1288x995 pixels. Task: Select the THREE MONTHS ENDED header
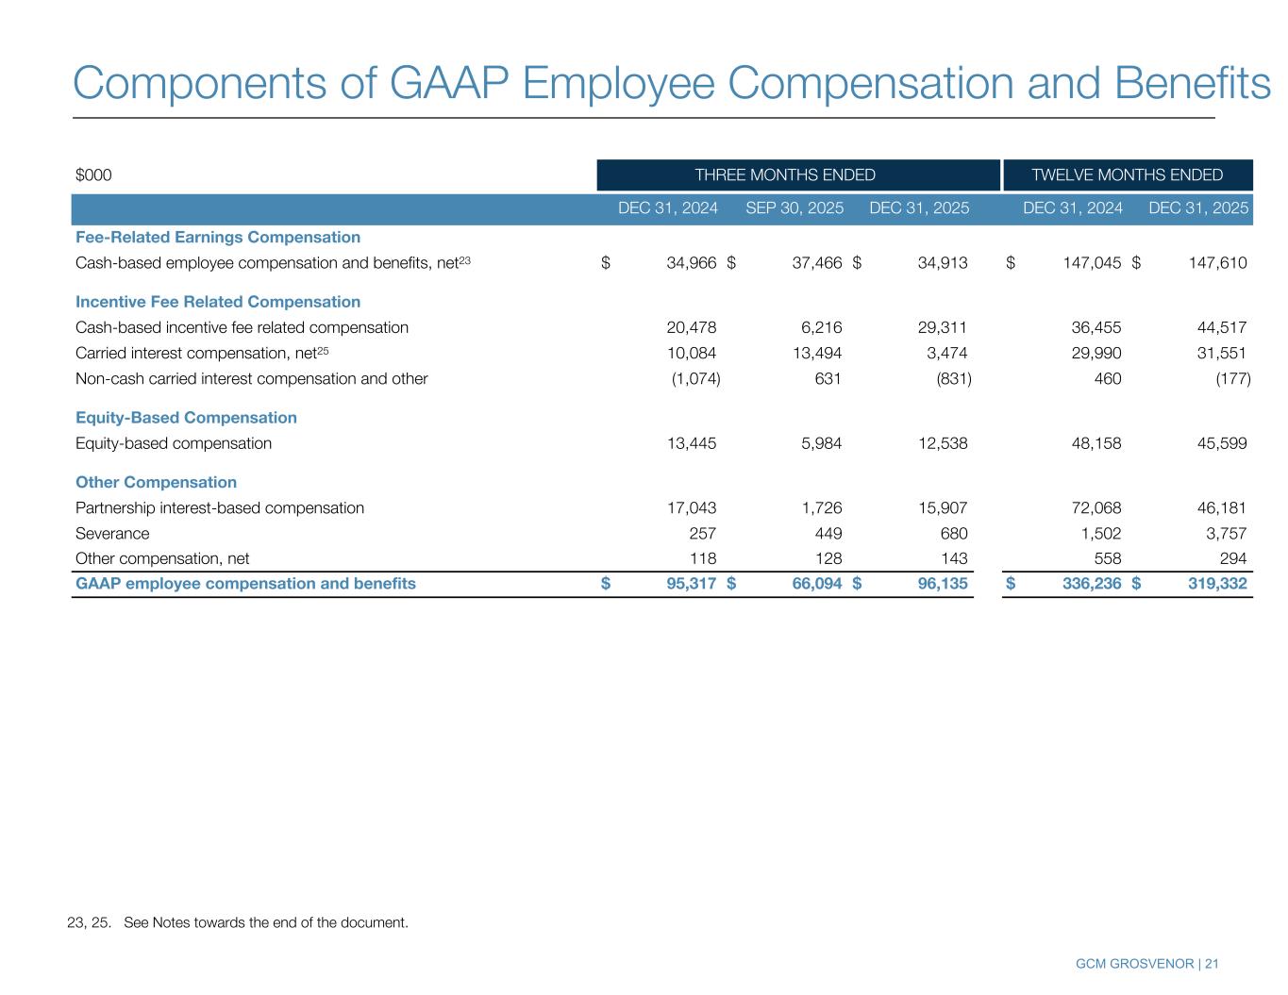coord(785,174)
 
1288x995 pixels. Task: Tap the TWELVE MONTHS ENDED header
coord(1127,174)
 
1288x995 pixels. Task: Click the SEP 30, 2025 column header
coord(795,208)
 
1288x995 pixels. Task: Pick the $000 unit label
coord(93,174)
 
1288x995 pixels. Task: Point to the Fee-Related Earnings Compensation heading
coord(218,237)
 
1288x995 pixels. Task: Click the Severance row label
coord(112,533)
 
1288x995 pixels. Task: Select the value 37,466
coord(817,263)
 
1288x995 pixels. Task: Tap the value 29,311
coord(943,327)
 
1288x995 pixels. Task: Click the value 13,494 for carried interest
coord(817,353)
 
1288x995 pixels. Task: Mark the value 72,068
coord(1096,507)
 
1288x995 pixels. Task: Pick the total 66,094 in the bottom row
coord(816,584)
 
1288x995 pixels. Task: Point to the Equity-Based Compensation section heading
coord(186,417)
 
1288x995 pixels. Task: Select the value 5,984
coord(820,443)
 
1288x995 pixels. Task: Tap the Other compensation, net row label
coord(162,558)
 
